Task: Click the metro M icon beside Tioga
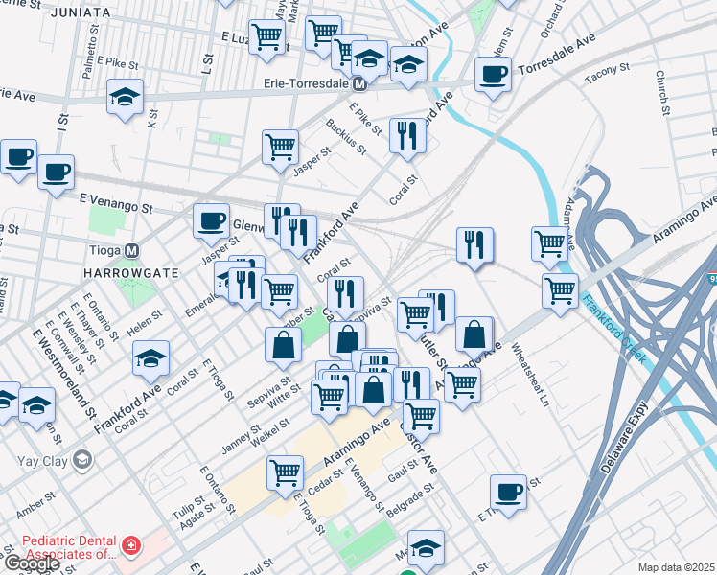[132, 251]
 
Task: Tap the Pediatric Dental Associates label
[62, 547]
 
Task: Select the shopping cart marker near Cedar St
[286, 471]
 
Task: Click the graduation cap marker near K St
[126, 99]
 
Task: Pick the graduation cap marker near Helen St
[150, 359]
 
